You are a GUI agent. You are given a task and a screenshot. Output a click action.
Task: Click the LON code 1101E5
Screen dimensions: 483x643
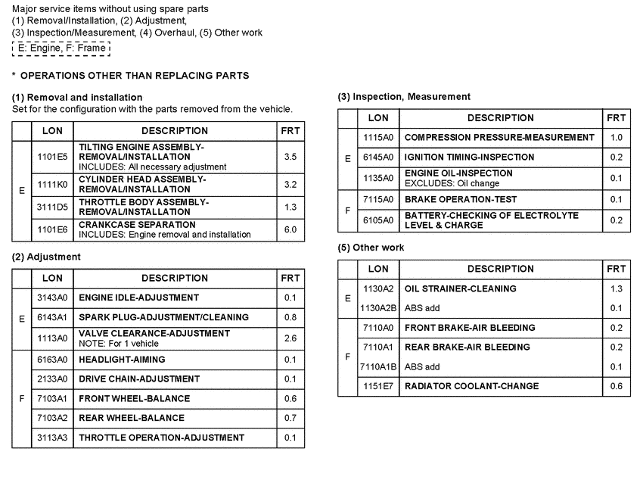(x=52, y=157)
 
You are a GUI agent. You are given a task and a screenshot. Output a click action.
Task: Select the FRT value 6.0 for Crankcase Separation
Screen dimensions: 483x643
(x=290, y=229)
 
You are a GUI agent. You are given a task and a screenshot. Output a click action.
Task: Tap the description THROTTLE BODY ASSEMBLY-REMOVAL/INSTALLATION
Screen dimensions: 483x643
(x=143, y=207)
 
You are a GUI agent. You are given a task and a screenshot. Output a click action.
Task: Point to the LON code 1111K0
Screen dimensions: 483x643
(x=52, y=183)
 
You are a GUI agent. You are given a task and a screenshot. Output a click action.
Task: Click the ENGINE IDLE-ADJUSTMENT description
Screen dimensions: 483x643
(x=139, y=298)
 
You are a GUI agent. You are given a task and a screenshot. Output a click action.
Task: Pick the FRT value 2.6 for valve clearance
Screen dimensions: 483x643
(x=290, y=338)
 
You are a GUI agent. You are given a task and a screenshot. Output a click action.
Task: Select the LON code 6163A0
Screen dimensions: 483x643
(x=52, y=360)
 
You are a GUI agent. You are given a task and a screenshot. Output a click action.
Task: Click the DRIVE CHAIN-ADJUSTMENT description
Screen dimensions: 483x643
(x=139, y=379)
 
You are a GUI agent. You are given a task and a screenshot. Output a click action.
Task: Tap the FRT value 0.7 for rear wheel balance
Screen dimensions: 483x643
(x=290, y=418)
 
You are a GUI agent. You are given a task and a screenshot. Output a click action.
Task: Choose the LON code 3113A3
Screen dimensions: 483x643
(x=52, y=438)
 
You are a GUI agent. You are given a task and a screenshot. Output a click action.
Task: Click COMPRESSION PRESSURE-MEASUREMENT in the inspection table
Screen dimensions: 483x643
(x=499, y=138)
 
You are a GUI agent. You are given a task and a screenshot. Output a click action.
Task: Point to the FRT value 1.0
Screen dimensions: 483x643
(x=616, y=138)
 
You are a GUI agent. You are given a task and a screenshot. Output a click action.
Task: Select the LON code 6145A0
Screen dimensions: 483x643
(x=378, y=157)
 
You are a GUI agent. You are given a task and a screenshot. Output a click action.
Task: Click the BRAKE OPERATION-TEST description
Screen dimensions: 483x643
(x=461, y=199)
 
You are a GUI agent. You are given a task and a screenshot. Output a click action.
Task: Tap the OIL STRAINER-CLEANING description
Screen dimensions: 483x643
(x=461, y=288)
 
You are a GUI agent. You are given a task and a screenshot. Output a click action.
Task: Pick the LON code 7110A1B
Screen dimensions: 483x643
(x=378, y=366)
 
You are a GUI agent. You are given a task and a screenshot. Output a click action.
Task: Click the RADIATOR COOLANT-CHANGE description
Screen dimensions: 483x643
(x=472, y=386)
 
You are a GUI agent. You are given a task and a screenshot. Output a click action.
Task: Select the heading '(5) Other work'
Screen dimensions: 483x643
(x=371, y=248)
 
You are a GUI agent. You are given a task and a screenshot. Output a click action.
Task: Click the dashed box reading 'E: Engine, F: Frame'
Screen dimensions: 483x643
(x=61, y=48)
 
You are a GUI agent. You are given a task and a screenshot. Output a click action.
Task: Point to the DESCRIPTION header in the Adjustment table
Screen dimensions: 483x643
(x=175, y=278)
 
